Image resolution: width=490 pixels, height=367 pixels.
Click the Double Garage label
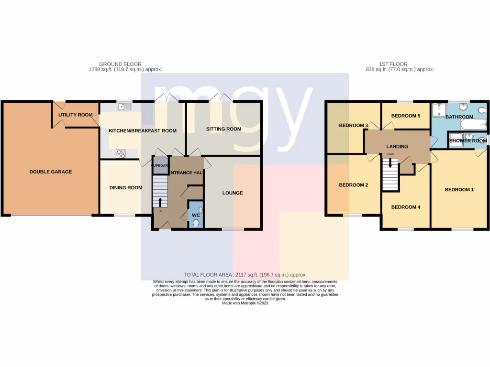[51, 172]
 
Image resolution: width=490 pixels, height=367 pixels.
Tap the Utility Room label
[76, 115]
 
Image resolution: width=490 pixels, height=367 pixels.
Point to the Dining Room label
[125, 188]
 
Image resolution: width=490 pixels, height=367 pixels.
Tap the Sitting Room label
[223, 129]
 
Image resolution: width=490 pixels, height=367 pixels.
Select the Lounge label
[233, 193]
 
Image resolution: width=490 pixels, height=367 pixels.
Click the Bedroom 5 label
[405, 116]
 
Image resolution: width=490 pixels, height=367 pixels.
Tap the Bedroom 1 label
[459, 190]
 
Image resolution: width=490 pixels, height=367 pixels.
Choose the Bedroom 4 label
[405, 207]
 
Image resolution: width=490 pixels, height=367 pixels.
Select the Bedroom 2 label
[353, 185]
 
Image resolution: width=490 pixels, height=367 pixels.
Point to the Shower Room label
[468, 141]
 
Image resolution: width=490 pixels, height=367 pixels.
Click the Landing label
[398, 146]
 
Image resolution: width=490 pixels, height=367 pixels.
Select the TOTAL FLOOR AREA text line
[245, 275]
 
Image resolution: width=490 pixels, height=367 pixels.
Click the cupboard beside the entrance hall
[160, 165]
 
